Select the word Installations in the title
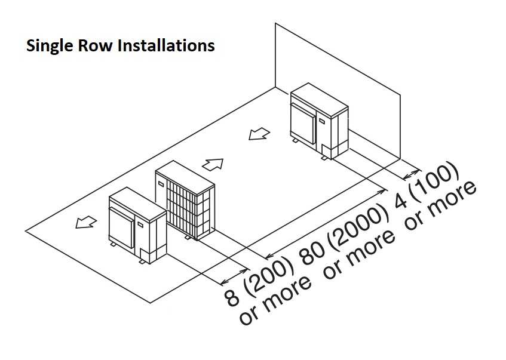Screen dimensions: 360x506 click(165, 46)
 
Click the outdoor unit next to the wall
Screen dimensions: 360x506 click(317, 123)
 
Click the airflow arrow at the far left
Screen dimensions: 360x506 click(85, 222)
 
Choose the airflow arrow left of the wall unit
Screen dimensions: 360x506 click(259, 136)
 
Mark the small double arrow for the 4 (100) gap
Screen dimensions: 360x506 click(411, 173)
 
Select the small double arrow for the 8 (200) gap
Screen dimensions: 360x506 click(234, 275)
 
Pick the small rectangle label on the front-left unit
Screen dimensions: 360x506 click(141, 224)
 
